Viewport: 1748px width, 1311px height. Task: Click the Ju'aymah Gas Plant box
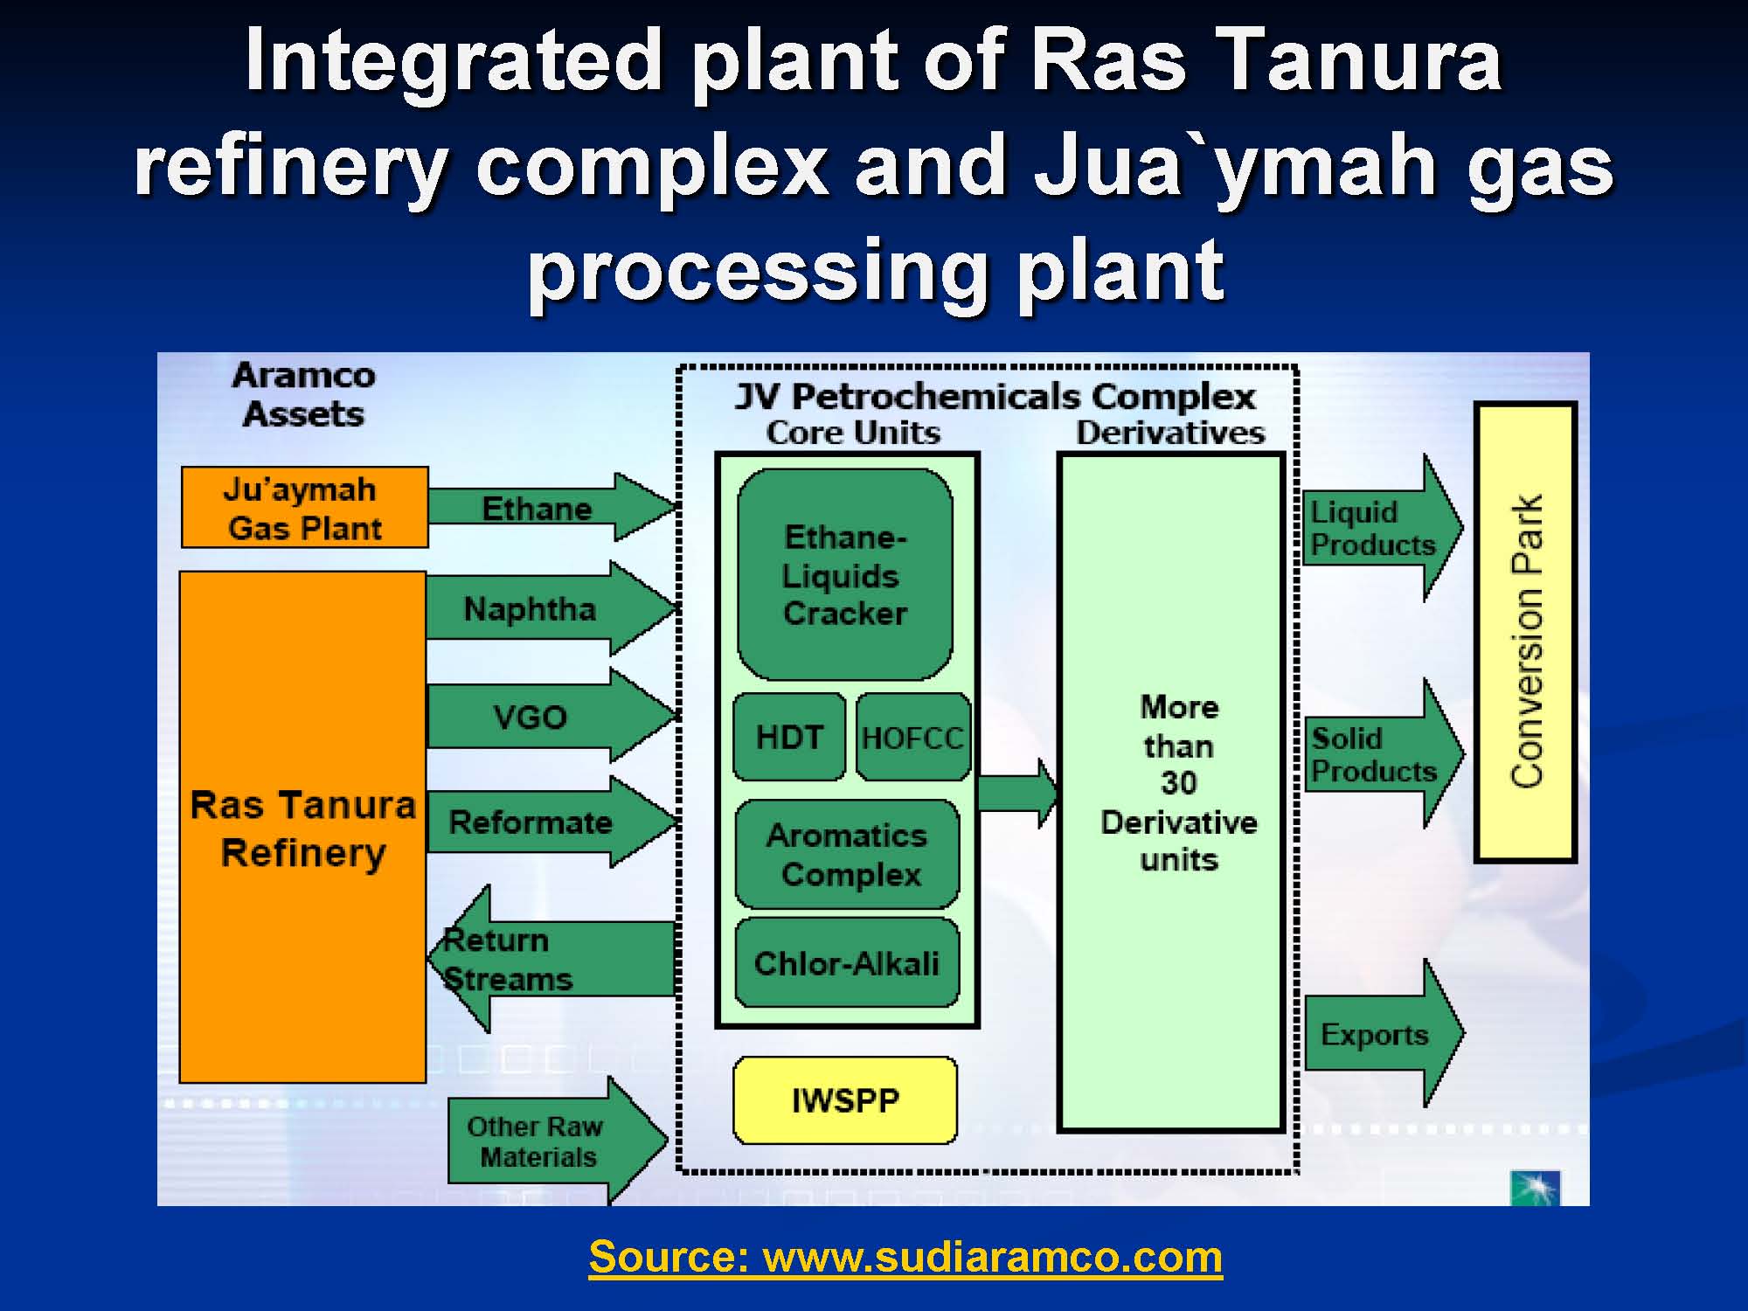(x=305, y=508)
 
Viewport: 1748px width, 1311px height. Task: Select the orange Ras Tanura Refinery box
(x=303, y=827)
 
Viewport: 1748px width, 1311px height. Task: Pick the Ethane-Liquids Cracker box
(x=845, y=574)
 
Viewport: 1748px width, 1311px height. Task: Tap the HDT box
(x=789, y=737)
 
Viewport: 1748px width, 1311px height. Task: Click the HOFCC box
(x=913, y=737)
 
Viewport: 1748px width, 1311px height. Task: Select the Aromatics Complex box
(x=847, y=854)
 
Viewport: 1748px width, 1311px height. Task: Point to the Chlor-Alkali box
(x=847, y=962)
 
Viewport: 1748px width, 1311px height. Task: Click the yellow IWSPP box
(x=845, y=1100)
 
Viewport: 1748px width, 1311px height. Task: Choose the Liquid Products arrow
(x=1383, y=528)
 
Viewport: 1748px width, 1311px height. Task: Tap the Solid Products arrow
(x=1383, y=753)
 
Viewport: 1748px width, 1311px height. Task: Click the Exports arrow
(x=1383, y=1034)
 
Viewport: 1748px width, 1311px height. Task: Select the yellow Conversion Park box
(x=1526, y=632)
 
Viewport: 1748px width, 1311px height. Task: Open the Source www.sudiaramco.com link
(x=905, y=1258)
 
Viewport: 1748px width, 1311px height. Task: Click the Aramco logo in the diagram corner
(x=1535, y=1188)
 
